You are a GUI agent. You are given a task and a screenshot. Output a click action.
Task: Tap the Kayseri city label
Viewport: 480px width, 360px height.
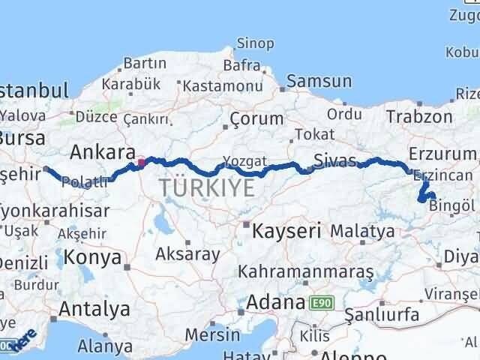(x=288, y=229)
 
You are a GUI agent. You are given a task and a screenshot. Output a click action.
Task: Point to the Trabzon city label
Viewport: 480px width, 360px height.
(x=419, y=116)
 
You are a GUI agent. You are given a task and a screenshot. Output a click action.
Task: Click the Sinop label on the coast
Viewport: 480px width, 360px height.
(x=254, y=43)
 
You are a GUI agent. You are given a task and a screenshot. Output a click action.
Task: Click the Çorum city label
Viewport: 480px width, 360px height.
(x=256, y=118)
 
